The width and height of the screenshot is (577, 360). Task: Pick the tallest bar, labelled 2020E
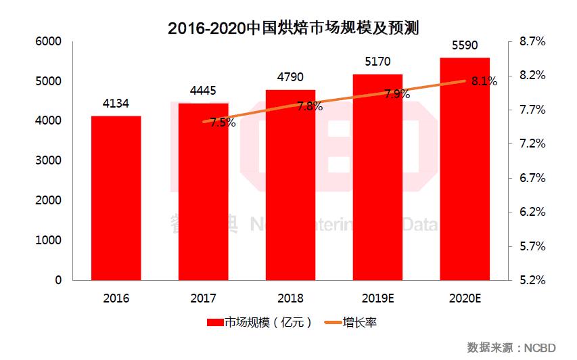coord(465,169)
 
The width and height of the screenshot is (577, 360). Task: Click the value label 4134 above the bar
coord(116,104)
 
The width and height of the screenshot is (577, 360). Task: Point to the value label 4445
coord(204,91)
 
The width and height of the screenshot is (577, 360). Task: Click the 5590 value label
coord(465,45)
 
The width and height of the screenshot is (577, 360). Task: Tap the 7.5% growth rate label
coord(223,122)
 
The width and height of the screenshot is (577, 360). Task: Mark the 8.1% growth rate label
coord(484,81)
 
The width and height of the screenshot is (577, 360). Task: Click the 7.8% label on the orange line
coord(309,106)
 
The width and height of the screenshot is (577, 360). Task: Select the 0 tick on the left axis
coord(57,280)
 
